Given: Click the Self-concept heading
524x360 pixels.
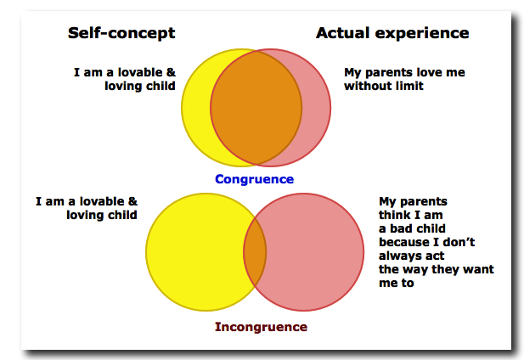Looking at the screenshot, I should (x=121, y=33).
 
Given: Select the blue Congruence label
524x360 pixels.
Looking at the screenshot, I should (x=254, y=179).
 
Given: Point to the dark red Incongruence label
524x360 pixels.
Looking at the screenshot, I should (x=261, y=327).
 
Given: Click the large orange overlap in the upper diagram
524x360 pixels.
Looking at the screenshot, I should (x=256, y=108).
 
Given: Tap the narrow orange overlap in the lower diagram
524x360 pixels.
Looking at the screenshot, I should (x=255, y=252).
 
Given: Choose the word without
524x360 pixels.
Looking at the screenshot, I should (x=367, y=86).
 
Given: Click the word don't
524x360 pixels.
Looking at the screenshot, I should (x=457, y=242).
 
